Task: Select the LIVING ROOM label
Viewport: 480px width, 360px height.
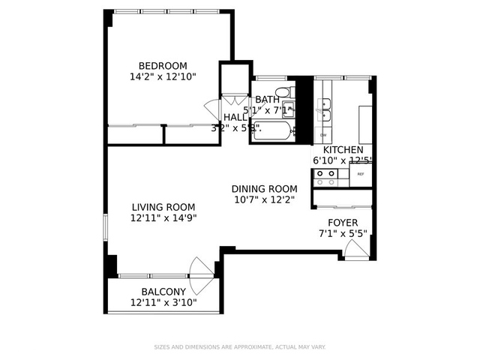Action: coord(163,207)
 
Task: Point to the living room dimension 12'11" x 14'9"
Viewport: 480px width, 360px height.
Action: coord(163,218)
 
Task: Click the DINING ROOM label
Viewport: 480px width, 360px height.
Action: coord(264,188)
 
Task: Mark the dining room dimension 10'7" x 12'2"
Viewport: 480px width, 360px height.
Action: coord(264,199)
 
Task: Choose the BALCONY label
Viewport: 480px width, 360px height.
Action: coord(163,292)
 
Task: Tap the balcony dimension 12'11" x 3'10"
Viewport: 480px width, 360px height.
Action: coord(163,303)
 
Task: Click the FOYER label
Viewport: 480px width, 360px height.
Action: coord(342,223)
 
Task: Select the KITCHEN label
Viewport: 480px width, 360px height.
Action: coord(342,149)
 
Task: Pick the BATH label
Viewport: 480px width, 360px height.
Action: coord(267,99)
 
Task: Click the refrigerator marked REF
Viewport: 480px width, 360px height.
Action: coord(361,174)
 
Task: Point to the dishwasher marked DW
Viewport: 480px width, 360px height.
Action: coord(324,135)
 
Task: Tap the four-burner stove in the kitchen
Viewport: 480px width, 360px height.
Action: coord(325,177)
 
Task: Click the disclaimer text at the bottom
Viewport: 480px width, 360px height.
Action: coord(239,346)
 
